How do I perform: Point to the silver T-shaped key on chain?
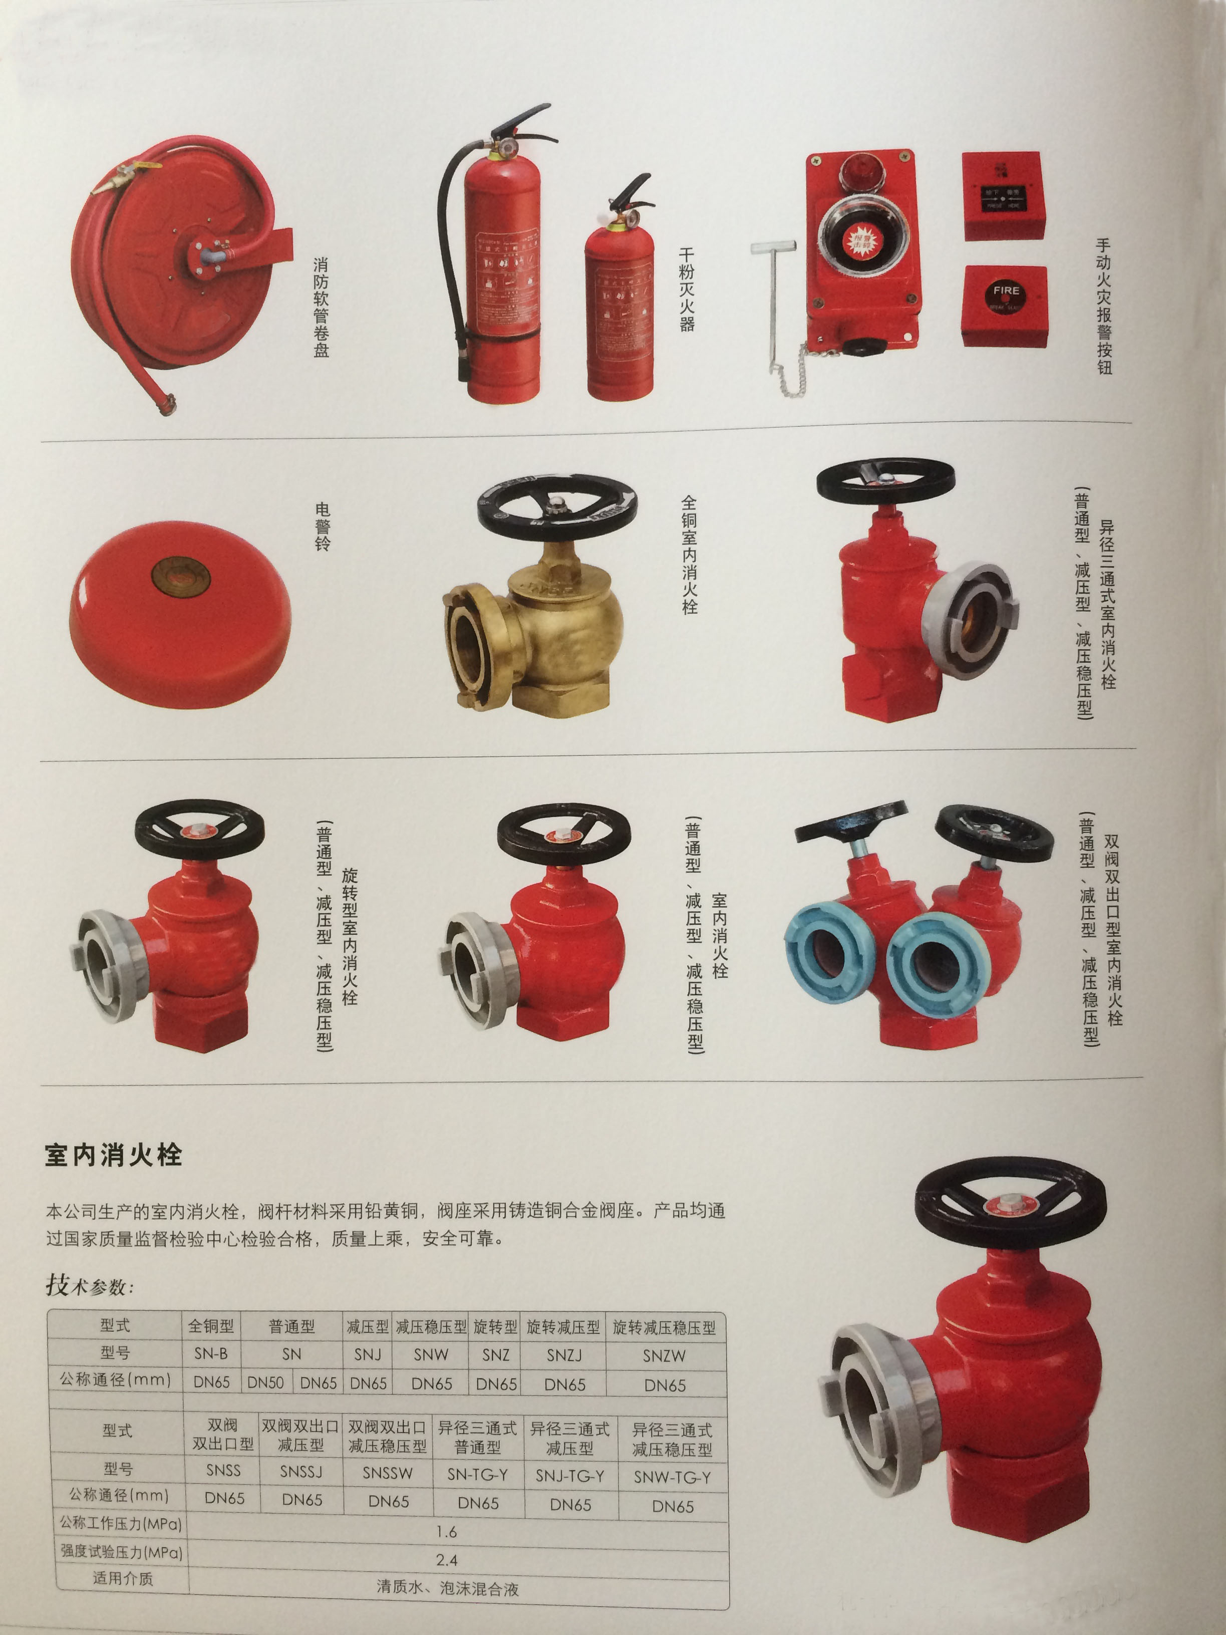[773, 296]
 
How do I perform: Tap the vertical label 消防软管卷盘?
[322, 307]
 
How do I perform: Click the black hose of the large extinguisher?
[446, 244]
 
